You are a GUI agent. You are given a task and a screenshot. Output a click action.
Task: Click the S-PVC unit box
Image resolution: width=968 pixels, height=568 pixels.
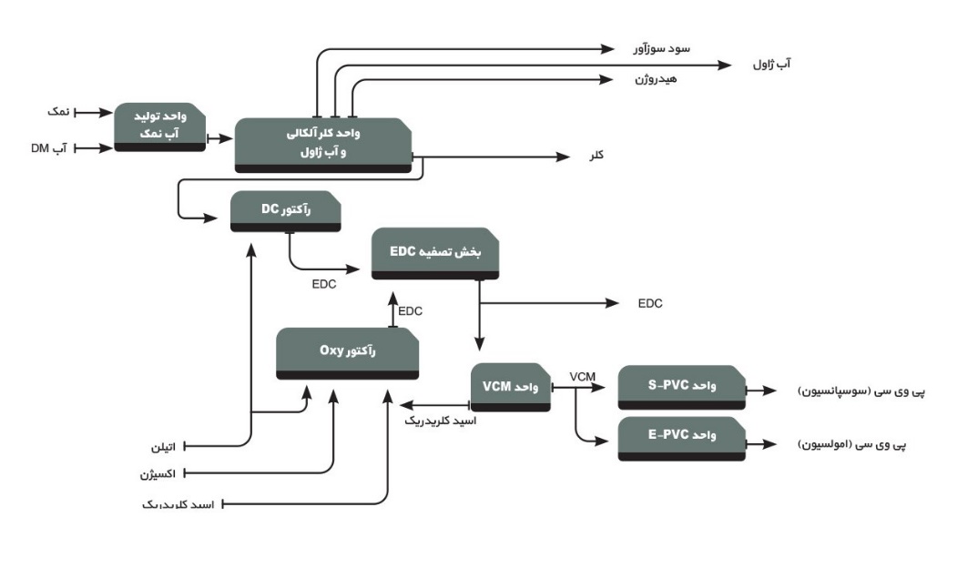pyautogui.click(x=682, y=388)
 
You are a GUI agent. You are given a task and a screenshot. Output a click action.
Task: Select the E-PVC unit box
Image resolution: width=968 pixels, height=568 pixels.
pyautogui.click(x=682, y=438)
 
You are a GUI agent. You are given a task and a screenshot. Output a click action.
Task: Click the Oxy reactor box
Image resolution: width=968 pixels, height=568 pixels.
pyautogui.click(x=348, y=354)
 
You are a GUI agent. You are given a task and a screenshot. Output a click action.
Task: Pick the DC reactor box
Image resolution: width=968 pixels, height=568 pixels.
pyautogui.click(x=286, y=211)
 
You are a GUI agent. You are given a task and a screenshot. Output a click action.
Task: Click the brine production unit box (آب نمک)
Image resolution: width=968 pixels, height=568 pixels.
pyautogui.click(x=159, y=127)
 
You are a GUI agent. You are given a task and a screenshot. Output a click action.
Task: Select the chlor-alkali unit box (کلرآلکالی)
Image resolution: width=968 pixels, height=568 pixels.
pyautogui.click(x=323, y=144)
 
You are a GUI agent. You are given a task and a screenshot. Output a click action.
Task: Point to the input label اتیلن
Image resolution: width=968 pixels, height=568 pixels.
pyautogui.click(x=164, y=448)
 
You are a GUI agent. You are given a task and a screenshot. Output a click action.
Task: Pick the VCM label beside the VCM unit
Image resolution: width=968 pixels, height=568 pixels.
pyautogui.click(x=583, y=376)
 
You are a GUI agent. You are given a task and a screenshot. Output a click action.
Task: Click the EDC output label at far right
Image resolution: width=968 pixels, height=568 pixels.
pyautogui.click(x=650, y=302)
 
